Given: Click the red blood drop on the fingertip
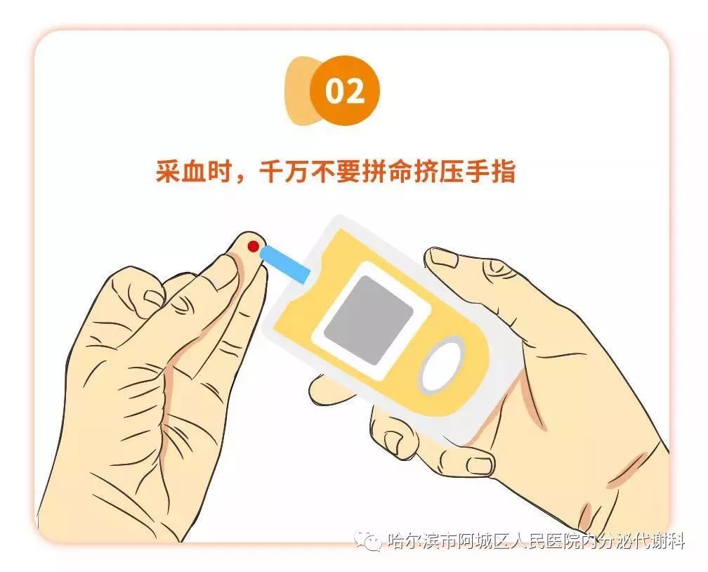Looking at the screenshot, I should point(253,246).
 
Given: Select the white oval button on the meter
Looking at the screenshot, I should point(442,366).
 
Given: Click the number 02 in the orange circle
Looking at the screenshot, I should point(345,92).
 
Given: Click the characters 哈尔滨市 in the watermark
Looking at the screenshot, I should point(419,541).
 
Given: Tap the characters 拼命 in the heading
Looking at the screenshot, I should point(388,171).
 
